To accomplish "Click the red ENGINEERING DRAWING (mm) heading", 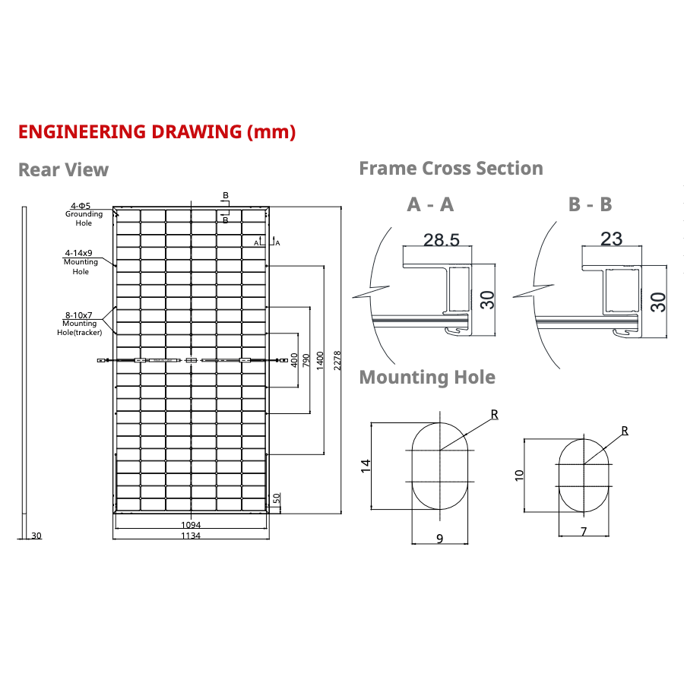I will pos(157,131).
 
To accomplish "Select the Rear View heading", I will pos(63,169).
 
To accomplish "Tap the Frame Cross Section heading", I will pos(451,168).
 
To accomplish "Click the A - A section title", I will pos(430,204).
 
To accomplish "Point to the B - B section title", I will pos(590,204).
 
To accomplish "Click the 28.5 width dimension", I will pos(442,240).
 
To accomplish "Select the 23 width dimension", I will pos(611,239).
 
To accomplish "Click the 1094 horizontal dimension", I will pos(191,525).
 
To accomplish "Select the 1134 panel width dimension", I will pos(191,536).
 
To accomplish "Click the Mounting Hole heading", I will pos(427,377).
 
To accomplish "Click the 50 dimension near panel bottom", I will pos(277,498).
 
